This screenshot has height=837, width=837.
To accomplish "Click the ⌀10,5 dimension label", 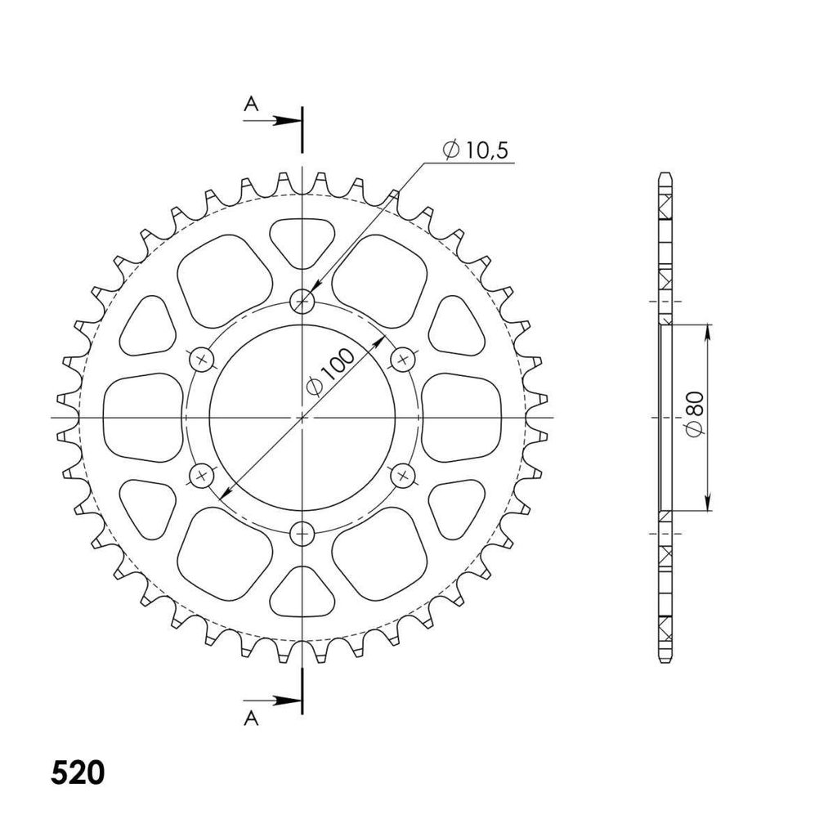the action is pos(475,150).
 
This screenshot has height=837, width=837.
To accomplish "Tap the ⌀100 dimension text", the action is pos(330,372).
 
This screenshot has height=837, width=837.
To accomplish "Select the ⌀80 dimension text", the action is pos(696,414).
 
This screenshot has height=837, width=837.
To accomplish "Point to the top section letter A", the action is pos(251,104).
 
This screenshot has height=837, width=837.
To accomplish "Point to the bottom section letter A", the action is pos(251,718).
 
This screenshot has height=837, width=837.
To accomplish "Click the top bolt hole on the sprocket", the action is pos(302,302).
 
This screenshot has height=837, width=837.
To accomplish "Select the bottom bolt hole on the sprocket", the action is pos(302,533).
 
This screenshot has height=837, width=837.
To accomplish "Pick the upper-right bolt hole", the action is pos(403,360).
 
